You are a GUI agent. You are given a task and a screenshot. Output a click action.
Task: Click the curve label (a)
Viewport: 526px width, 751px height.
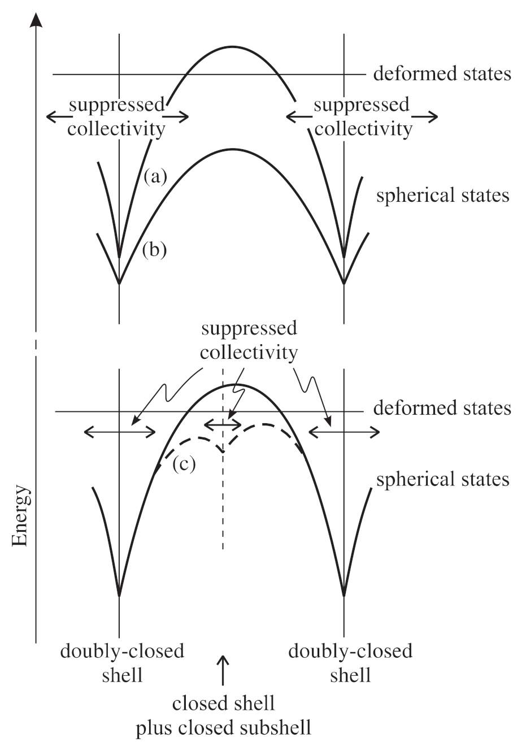(155, 177)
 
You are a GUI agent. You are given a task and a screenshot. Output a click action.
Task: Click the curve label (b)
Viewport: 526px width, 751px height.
(154, 250)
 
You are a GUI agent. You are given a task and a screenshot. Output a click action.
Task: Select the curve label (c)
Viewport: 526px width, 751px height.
(184, 463)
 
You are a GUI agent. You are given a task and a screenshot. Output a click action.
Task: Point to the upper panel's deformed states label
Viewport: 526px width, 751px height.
(442, 74)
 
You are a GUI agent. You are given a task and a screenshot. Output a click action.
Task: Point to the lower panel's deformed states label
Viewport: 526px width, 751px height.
(442, 408)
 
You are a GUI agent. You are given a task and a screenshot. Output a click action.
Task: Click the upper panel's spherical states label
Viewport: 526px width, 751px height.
(442, 196)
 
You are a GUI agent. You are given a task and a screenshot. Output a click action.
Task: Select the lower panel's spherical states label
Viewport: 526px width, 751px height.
(442, 479)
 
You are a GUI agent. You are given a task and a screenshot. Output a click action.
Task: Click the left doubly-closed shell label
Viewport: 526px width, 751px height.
(122, 663)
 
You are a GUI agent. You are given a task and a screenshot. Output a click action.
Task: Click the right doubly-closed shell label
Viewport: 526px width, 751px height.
(350, 663)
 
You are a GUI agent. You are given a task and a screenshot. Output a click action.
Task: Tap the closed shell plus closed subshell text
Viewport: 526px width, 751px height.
(224, 715)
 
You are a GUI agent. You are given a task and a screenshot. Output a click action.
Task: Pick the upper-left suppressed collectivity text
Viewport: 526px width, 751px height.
(116, 116)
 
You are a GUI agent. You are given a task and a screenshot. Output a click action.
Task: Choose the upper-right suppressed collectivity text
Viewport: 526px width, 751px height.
(362, 116)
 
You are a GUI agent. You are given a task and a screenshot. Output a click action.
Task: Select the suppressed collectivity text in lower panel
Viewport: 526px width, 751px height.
(249, 340)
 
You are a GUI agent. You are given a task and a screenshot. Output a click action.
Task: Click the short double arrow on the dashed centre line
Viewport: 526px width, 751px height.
(223, 424)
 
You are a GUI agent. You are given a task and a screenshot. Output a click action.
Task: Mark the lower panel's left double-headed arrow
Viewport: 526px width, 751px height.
(119, 433)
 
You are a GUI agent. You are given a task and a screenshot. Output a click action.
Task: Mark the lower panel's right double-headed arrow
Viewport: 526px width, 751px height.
(344, 433)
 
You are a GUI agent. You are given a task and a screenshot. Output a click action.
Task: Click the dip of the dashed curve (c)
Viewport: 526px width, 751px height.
(224, 452)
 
